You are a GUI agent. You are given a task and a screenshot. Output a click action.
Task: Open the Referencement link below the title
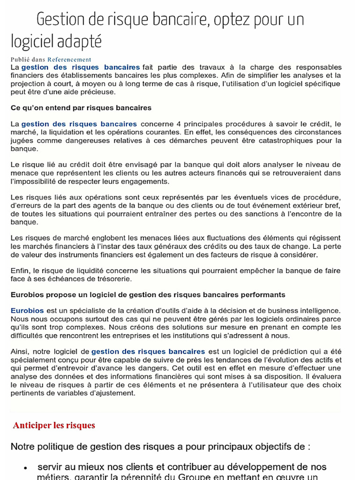[69, 60]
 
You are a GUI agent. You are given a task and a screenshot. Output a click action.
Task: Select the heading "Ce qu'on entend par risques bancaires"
[81, 107]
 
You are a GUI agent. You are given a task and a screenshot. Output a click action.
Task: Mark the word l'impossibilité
[36, 181]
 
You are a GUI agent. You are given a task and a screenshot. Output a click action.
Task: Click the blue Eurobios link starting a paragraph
[27, 310]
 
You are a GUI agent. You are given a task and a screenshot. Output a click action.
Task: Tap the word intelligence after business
[317, 310]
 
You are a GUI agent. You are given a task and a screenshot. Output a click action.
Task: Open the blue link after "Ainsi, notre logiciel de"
[148, 351]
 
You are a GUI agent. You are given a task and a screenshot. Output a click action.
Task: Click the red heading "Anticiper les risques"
[54, 425]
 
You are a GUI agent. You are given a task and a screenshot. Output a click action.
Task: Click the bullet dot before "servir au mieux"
[26, 468]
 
